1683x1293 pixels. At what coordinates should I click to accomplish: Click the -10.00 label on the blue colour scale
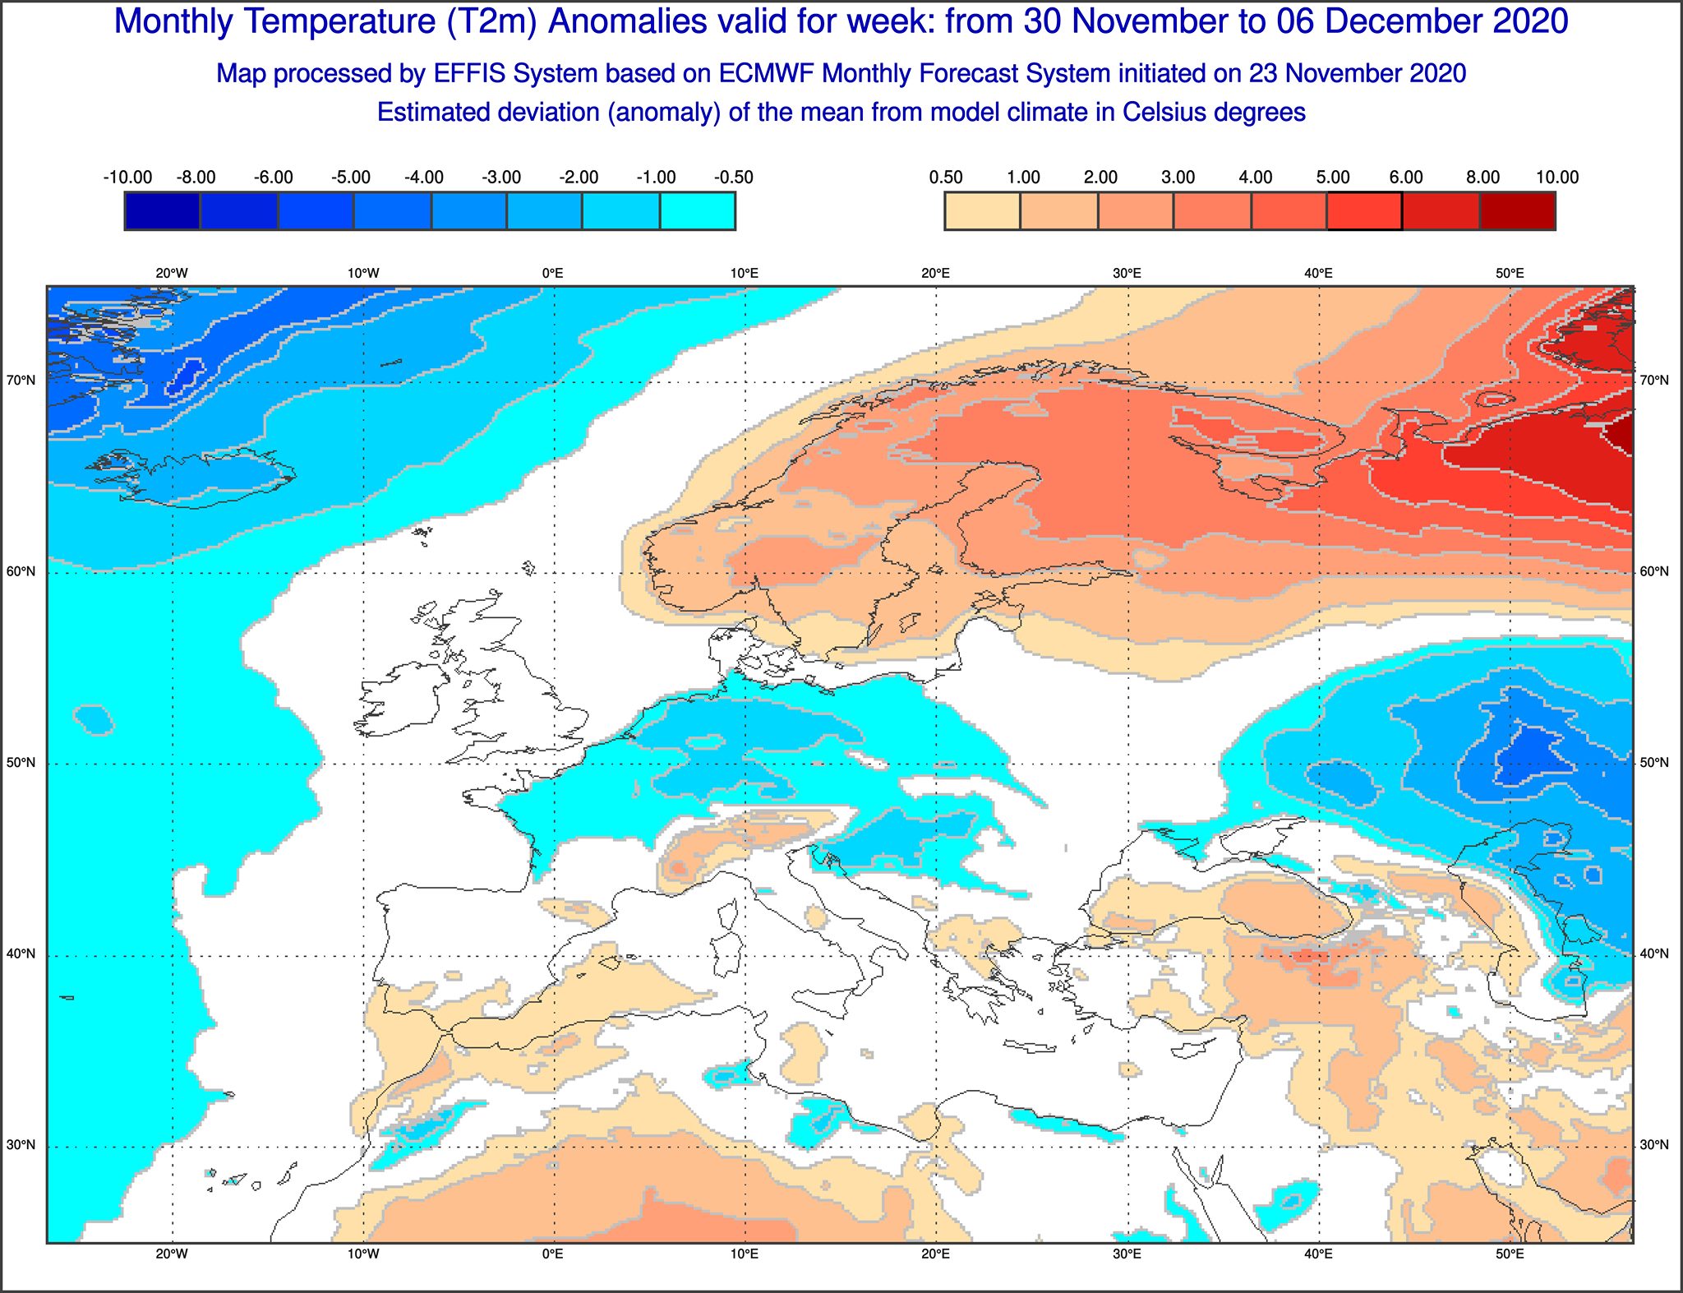pos(127,178)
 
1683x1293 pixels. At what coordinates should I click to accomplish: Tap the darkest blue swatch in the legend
pos(162,211)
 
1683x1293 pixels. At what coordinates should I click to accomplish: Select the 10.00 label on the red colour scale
pos(1557,178)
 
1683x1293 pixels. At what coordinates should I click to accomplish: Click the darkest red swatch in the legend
pos(1518,211)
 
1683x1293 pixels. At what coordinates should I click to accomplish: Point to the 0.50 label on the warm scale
pos(946,178)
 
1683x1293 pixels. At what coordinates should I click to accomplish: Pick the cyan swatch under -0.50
pos(698,211)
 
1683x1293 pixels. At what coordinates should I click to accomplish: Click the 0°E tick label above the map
pos(553,274)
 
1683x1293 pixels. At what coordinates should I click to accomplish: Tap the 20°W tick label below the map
pos(172,1254)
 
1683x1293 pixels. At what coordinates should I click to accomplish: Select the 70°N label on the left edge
pos(21,381)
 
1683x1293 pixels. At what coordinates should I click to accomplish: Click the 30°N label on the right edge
pos(1654,1145)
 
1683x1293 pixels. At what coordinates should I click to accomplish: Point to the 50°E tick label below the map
pos(1510,1254)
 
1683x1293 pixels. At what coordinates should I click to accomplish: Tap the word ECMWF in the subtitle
pos(767,74)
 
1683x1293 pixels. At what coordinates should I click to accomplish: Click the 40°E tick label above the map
pos(1319,274)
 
